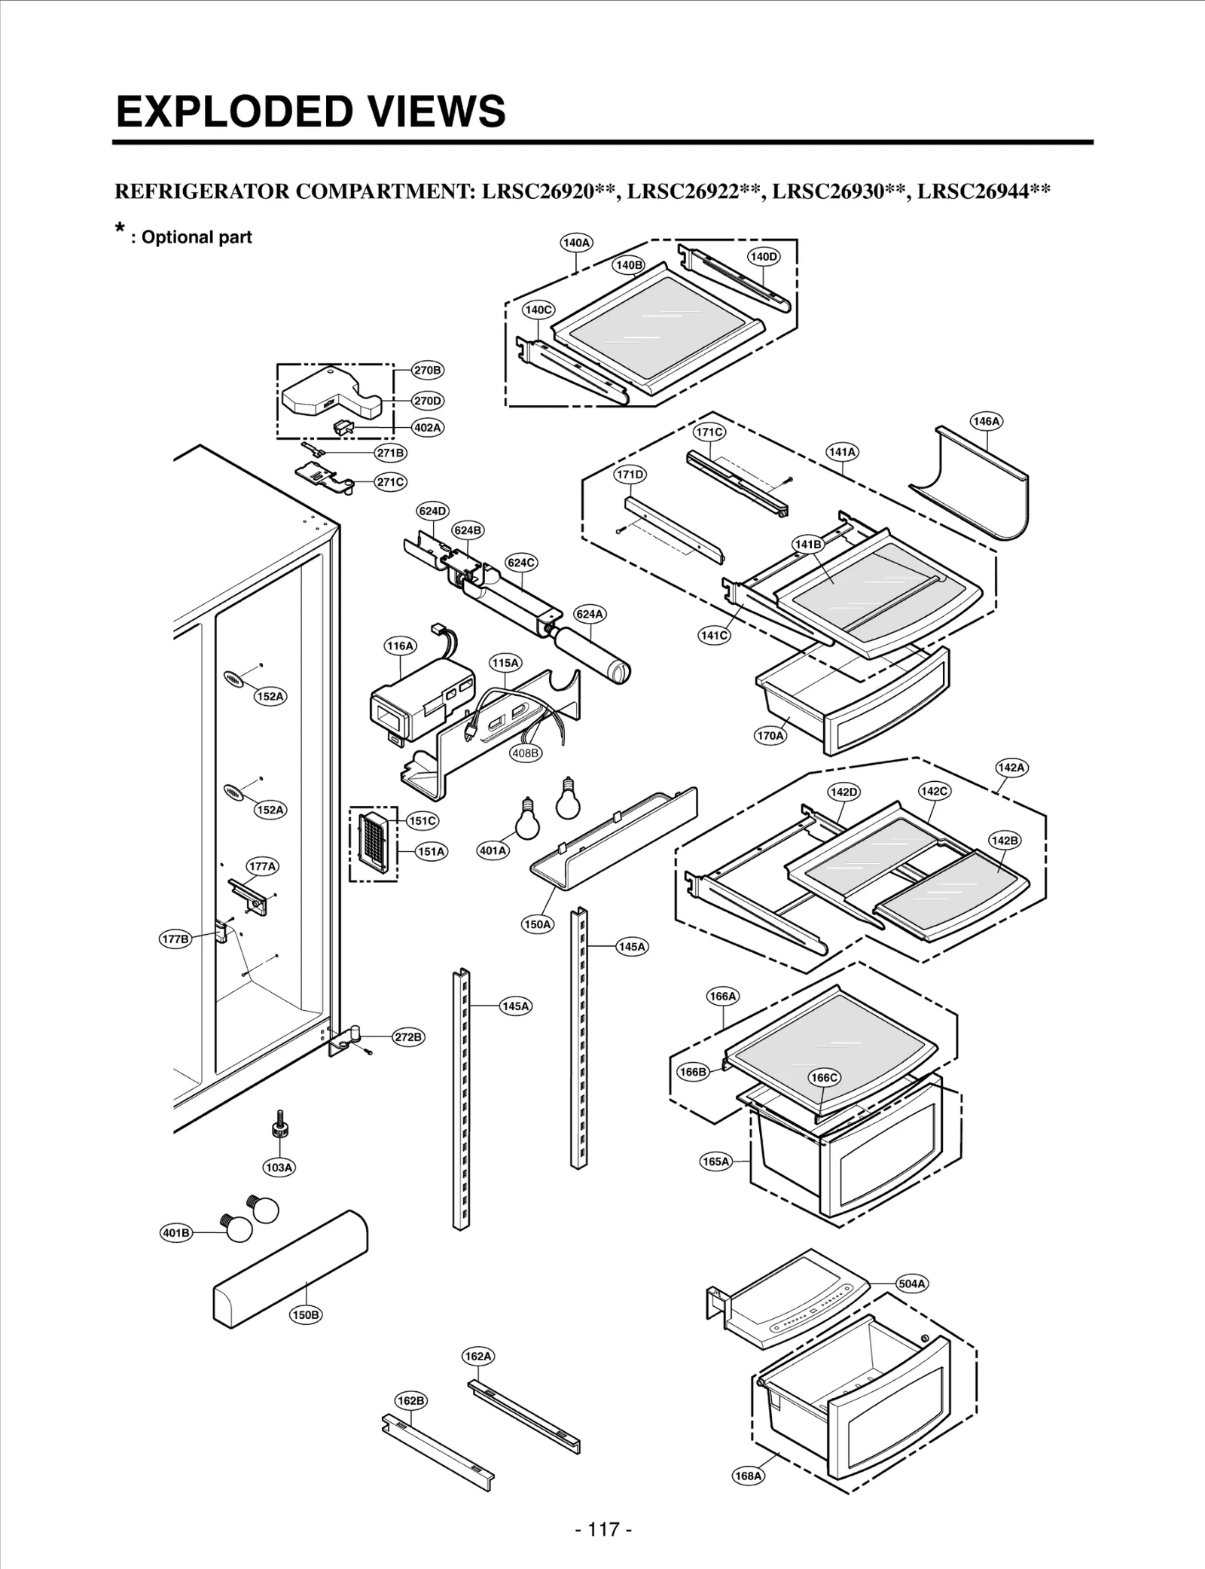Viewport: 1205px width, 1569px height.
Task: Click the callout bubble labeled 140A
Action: tap(576, 243)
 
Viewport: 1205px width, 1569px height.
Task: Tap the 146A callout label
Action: tap(986, 421)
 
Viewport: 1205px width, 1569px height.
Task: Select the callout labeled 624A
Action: tap(590, 614)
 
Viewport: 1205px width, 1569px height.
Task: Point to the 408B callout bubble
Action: tap(526, 752)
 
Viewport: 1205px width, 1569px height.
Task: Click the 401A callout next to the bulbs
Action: tap(493, 850)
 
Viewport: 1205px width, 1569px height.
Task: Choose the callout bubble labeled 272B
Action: tap(408, 1037)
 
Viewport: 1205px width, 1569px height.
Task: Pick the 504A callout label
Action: tap(912, 1284)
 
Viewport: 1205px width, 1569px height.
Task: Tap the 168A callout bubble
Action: tap(749, 1476)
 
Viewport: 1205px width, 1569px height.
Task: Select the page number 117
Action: tap(602, 1529)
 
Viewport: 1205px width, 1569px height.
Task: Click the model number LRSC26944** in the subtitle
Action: tap(983, 191)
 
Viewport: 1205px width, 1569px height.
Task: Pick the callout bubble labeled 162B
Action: tap(410, 1400)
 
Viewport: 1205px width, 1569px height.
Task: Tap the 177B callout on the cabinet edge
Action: tap(175, 939)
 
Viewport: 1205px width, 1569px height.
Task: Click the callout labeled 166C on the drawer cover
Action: tap(824, 1078)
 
